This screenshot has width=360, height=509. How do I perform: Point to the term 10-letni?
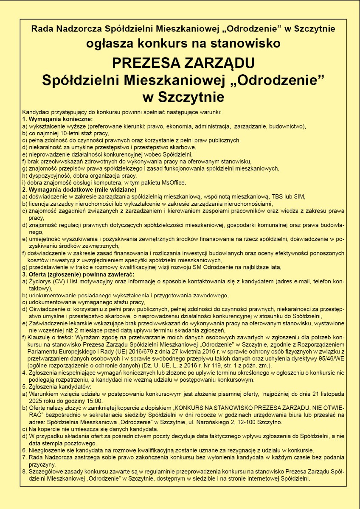click(65, 133)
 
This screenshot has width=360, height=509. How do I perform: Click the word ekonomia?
click(180, 126)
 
